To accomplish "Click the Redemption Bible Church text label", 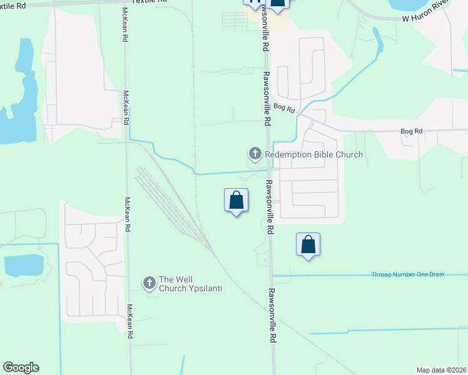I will click(313, 154).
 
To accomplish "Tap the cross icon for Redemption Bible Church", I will click(255, 153).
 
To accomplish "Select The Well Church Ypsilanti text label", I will click(190, 284).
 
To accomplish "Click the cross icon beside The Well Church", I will click(149, 283).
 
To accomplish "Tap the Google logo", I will click(21, 367).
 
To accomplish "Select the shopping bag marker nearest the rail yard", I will click(236, 201).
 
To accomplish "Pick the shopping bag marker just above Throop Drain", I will click(308, 245).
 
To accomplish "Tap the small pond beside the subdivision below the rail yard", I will click(23, 265).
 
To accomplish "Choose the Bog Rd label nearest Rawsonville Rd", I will click(283, 108).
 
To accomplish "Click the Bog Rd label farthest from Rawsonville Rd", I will click(411, 131).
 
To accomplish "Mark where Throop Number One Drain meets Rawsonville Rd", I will click(272, 276).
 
